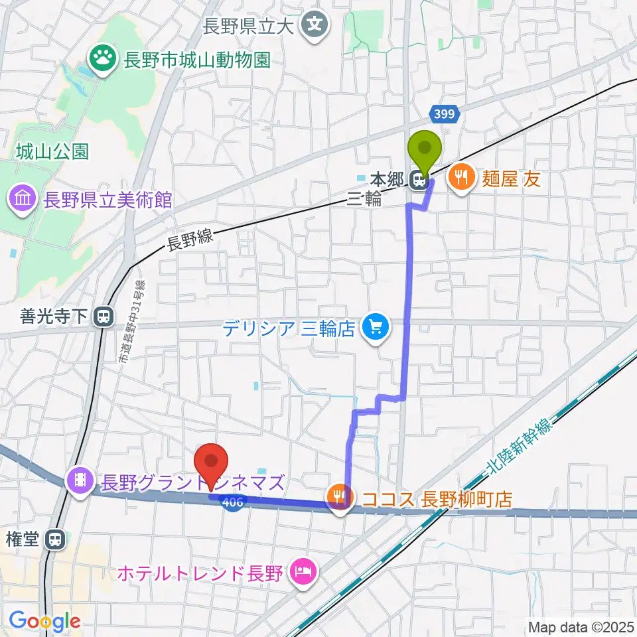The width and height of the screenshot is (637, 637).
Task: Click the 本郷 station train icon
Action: pos(418,180)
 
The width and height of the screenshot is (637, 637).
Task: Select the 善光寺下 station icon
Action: pos(103,317)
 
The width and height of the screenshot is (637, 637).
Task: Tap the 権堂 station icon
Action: pos(56,540)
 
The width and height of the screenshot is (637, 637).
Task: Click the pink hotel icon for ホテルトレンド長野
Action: pos(304,571)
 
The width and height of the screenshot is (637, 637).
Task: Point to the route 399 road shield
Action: pos(445,114)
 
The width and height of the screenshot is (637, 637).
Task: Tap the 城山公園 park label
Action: pos(52,152)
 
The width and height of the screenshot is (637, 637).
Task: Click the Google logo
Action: pos(44,621)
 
